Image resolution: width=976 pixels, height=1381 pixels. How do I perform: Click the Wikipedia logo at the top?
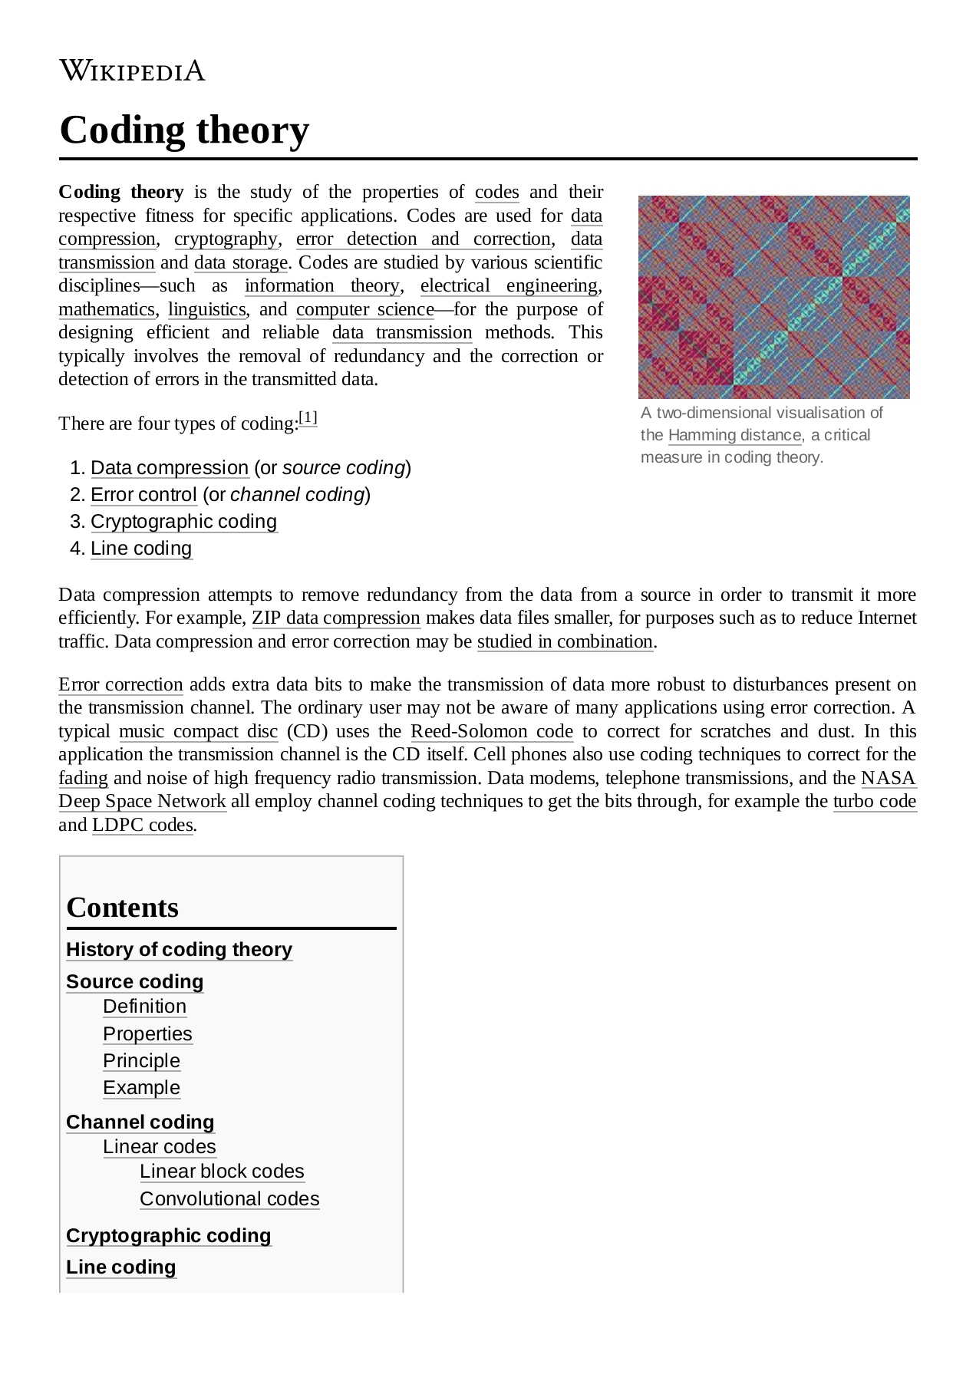132,71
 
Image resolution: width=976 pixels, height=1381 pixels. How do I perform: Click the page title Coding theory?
184,130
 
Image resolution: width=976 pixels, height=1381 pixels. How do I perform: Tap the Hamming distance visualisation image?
773,297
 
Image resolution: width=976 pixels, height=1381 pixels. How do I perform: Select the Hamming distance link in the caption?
734,435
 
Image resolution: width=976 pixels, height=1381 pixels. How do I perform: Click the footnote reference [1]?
308,418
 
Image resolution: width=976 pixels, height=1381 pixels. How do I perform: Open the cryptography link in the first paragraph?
226,239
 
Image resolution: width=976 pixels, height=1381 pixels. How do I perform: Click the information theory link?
322,285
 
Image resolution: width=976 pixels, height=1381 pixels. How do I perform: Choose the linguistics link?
206,309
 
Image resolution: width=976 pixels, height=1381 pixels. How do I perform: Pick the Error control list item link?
143,495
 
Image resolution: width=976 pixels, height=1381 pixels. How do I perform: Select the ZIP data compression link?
336,618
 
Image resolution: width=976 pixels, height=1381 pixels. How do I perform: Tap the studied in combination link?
565,641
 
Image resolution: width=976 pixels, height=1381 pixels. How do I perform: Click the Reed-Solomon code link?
492,731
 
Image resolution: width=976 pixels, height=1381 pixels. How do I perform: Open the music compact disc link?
198,731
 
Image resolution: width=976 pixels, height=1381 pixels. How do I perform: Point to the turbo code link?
875,801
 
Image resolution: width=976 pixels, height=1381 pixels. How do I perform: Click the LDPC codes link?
143,825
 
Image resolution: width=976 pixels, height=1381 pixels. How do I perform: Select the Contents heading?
123,908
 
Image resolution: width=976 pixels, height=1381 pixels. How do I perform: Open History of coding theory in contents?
179,950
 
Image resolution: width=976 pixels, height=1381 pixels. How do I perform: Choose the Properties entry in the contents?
147,1033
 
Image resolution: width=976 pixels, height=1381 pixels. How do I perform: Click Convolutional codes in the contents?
229,1198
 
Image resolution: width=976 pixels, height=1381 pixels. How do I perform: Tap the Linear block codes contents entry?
222,1172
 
